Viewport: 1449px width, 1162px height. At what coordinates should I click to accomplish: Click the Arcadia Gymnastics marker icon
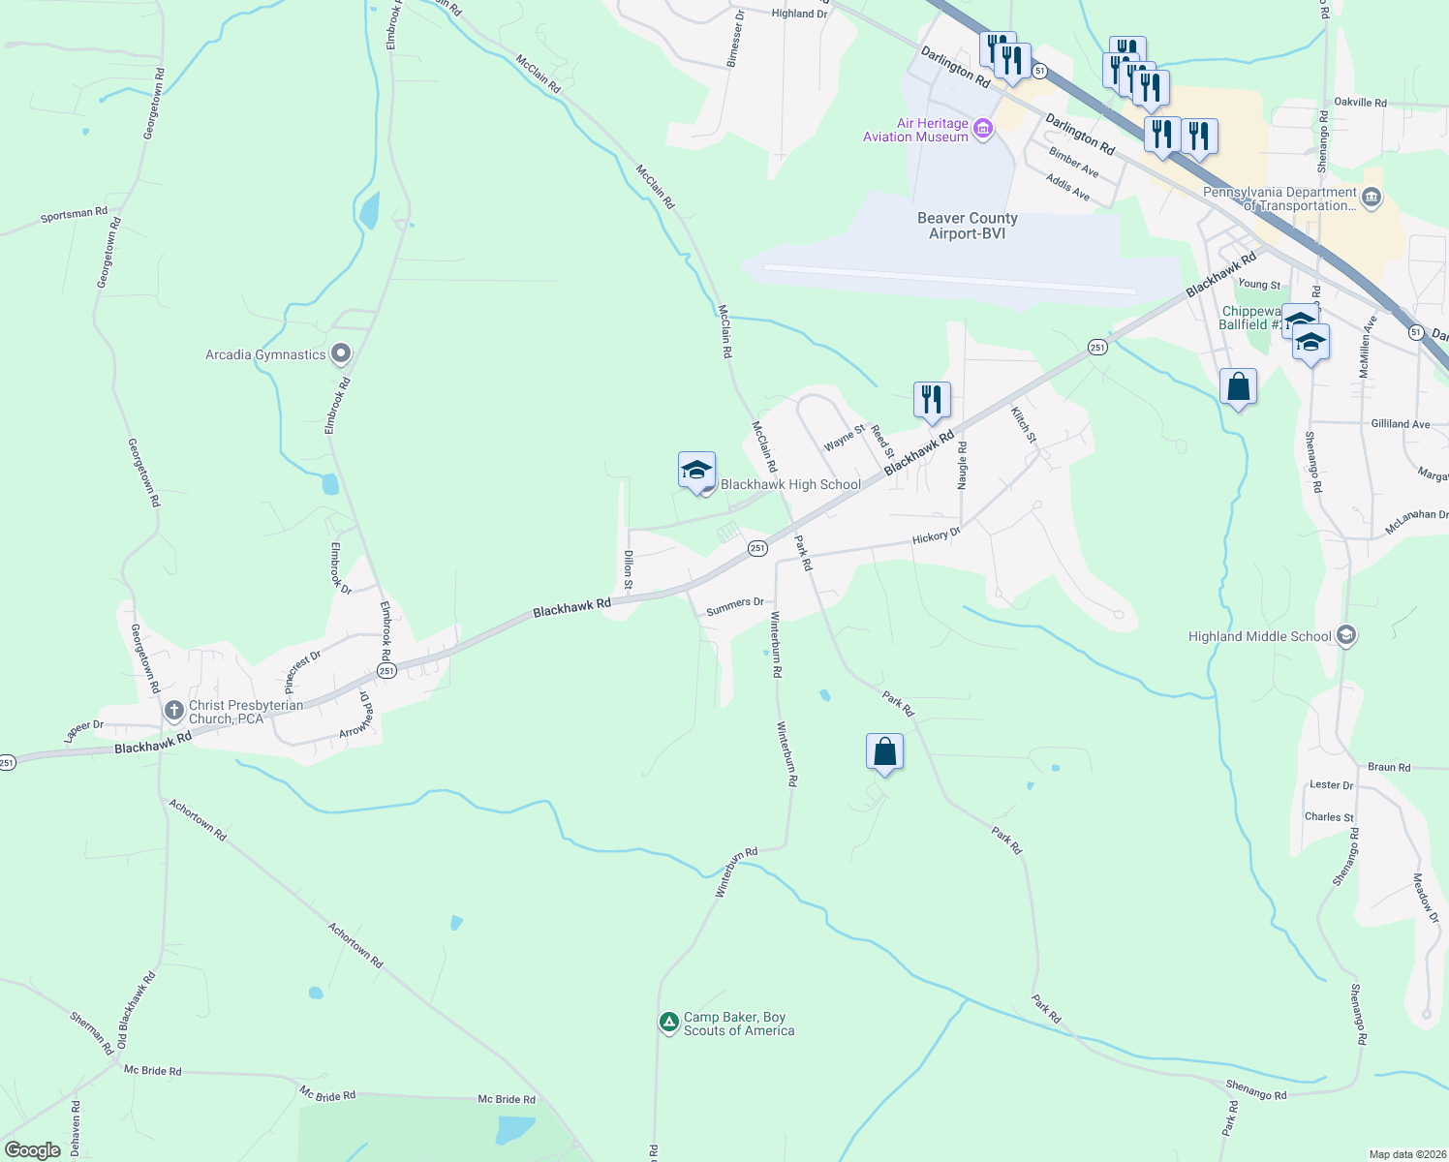(x=340, y=354)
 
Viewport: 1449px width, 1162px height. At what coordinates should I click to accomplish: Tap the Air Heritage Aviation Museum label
(x=915, y=130)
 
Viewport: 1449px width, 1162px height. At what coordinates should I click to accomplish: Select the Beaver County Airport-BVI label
(x=967, y=226)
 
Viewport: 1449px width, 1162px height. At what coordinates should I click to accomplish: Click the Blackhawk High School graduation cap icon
(x=696, y=471)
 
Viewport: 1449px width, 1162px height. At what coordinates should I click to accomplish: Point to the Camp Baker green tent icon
(x=668, y=1023)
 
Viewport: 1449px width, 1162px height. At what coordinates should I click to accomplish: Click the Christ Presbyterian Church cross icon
(x=174, y=712)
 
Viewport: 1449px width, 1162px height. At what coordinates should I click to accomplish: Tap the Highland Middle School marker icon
(x=1344, y=636)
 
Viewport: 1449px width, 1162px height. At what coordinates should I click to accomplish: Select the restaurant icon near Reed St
(x=931, y=399)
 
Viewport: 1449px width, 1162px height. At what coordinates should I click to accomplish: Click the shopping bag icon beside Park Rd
(x=884, y=752)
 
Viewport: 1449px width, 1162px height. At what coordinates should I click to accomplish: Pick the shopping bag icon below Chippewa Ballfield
(x=1238, y=387)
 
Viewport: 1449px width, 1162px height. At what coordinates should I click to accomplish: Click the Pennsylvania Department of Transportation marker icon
(x=1371, y=199)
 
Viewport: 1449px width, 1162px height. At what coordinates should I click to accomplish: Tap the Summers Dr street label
(x=735, y=606)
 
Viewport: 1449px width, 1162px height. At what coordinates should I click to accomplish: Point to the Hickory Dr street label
(x=936, y=535)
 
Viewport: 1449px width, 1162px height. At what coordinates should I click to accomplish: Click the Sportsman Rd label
(x=75, y=214)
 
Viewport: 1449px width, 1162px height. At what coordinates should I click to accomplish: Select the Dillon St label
(x=629, y=569)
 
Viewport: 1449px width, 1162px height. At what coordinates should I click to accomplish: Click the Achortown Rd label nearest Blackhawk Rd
(x=198, y=819)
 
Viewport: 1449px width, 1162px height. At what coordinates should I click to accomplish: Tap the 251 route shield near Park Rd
(x=757, y=548)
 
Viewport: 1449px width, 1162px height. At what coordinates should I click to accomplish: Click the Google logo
(x=33, y=1149)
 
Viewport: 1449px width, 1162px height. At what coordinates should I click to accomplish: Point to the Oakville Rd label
(x=1360, y=103)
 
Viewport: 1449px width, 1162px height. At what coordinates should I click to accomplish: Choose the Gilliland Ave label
(x=1400, y=424)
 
